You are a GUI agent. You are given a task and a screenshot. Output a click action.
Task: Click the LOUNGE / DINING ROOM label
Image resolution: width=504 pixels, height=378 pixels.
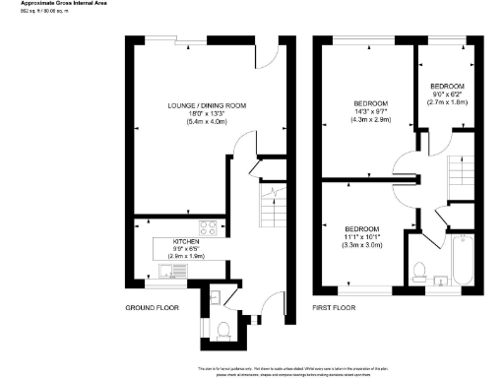(206, 105)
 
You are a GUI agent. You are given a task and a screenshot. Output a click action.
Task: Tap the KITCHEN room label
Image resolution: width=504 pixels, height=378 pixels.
(187, 240)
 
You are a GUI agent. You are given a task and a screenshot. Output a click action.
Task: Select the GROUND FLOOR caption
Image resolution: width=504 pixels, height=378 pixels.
(150, 308)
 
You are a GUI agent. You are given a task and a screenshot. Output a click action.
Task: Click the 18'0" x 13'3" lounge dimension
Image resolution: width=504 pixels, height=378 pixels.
(206, 113)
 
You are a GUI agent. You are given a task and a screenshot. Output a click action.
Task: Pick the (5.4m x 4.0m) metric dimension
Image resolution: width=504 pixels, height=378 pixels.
(206, 122)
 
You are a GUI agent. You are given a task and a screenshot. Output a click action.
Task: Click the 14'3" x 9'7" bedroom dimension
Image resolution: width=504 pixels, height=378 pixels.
(371, 111)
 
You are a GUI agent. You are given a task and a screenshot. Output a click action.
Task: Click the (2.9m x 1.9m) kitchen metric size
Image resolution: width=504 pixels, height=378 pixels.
(187, 255)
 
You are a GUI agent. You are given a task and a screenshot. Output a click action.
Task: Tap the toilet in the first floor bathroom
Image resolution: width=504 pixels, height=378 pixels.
(419, 270)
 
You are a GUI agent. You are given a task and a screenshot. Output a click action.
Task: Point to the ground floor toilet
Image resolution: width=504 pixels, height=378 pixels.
(223, 329)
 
